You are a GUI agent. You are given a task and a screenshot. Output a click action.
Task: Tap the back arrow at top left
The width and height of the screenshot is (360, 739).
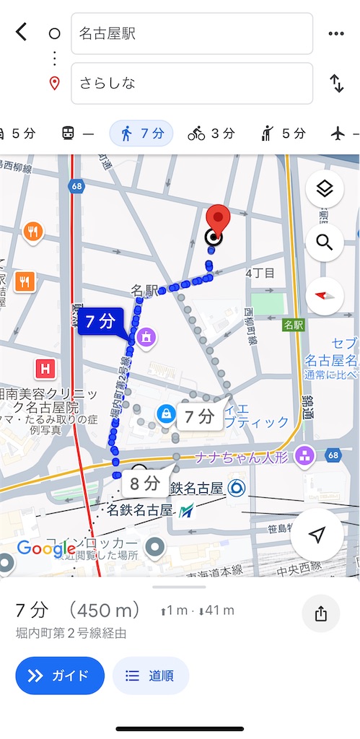22,32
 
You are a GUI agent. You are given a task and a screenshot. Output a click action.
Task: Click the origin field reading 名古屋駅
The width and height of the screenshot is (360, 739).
191,33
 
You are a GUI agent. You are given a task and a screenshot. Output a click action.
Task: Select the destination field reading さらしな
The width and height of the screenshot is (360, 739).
191,83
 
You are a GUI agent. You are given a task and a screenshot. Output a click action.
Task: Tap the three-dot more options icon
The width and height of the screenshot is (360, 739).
335,33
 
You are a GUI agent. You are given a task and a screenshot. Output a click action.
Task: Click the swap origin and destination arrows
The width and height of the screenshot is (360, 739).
336,83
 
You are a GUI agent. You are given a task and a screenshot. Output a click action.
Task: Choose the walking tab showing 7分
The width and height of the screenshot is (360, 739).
141,134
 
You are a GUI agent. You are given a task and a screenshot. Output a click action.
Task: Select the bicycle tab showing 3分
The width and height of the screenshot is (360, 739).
211,134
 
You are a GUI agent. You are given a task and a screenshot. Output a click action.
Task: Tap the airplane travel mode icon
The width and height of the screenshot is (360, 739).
338,134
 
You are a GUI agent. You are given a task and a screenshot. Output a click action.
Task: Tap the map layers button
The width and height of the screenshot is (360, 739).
324,190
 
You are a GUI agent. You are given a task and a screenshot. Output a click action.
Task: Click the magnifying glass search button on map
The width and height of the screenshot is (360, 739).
324,242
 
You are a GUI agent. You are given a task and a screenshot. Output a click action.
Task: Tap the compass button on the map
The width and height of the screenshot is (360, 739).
324,295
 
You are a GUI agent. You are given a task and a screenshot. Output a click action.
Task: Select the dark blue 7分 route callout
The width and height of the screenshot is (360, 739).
101,322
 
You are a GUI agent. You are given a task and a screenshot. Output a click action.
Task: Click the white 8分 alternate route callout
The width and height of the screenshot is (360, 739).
145,483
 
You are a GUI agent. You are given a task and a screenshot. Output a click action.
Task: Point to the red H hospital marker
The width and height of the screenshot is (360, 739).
46,369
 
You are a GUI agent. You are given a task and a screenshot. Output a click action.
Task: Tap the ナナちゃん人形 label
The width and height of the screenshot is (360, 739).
246,456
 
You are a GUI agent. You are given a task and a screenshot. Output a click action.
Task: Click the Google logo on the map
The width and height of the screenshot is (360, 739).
46,548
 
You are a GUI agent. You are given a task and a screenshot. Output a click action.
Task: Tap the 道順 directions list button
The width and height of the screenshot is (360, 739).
151,675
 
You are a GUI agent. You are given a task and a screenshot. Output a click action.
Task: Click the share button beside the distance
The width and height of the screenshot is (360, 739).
321,614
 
